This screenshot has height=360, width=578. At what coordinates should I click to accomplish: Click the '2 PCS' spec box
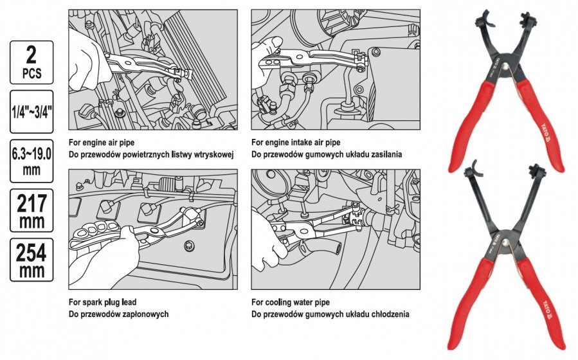coord(32,62)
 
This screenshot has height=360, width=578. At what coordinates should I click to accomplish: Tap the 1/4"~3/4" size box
coord(32,111)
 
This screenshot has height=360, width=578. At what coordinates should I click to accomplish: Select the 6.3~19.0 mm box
coord(32,161)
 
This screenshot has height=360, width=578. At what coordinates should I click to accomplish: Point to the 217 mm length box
coord(32,210)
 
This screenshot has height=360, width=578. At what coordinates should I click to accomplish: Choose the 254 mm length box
coord(32,260)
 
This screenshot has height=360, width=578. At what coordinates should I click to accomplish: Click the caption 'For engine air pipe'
coord(102,142)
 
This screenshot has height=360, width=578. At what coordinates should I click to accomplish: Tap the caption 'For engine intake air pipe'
coord(296,142)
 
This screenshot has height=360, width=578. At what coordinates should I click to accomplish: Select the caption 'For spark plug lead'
coord(102,302)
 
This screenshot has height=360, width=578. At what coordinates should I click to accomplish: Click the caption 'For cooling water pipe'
coord(291,302)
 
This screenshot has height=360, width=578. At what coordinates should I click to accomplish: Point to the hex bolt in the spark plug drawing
coord(188,245)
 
